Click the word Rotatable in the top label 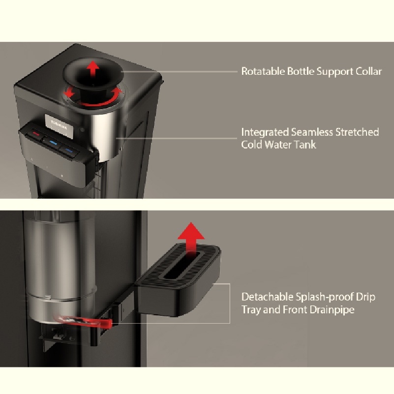pos(263,71)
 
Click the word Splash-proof pos(324,297)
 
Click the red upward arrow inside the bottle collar pos(93,68)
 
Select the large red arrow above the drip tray pos(191,239)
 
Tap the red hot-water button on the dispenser pos(36,134)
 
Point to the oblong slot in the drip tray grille pos(182,265)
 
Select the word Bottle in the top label pos(301,71)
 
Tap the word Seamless pos(312,132)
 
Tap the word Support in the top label pos(334,72)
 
